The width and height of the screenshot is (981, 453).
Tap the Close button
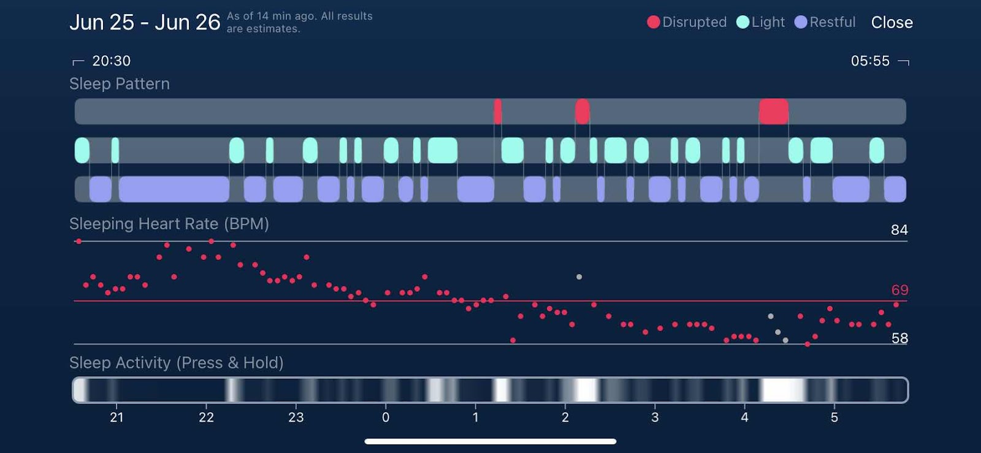tap(891, 23)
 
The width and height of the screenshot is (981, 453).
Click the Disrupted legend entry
tap(687, 22)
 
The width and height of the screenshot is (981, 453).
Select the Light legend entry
tap(760, 22)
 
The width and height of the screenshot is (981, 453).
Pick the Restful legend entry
tap(825, 22)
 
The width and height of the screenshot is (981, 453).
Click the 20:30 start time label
tap(111, 61)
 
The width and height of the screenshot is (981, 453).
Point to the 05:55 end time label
tap(869, 61)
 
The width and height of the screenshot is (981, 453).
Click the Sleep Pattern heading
tap(120, 84)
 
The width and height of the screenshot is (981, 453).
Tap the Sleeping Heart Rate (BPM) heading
tap(169, 224)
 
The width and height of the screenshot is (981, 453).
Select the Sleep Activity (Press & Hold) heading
tap(177, 363)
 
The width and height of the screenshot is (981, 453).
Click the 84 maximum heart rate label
tap(899, 230)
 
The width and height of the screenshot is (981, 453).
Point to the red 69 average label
tap(899, 290)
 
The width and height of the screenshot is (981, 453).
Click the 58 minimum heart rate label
tap(899, 338)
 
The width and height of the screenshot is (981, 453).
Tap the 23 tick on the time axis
tap(296, 417)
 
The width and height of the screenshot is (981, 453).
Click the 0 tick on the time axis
tap(386, 417)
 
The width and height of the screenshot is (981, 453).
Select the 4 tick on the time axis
tap(744, 417)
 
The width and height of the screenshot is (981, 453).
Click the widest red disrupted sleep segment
tap(773, 112)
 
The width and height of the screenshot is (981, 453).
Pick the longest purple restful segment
tap(174, 189)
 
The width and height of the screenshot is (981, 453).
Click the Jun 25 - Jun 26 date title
tap(145, 23)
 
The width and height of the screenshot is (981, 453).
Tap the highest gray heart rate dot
tap(579, 277)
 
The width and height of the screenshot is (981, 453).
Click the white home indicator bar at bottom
tap(490, 441)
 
